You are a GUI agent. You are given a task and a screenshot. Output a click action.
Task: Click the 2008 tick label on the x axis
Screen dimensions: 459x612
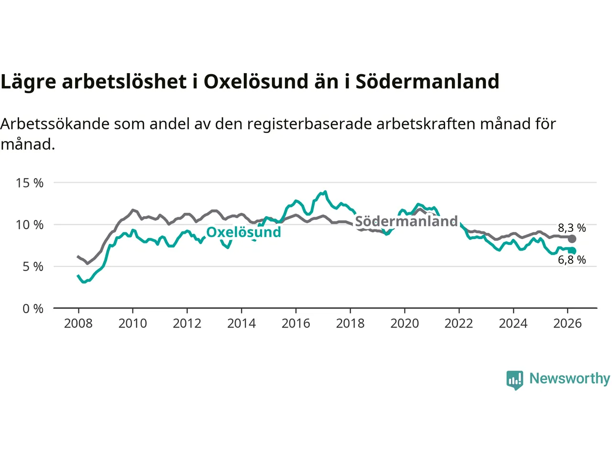[78, 324]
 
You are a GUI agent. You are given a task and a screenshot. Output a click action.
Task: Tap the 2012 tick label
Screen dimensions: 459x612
[187, 324]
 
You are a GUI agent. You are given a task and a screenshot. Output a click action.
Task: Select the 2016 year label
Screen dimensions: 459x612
[295, 324]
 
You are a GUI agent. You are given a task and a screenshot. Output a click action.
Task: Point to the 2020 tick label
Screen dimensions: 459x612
[404, 324]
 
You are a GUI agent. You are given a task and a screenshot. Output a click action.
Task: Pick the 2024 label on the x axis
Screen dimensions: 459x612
[513, 324]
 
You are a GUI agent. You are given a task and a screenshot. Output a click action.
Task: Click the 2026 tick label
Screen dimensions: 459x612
[568, 324]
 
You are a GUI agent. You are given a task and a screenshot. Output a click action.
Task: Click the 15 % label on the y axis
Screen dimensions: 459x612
[30, 183]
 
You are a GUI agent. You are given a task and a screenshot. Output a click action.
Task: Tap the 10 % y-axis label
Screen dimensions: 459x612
[30, 225]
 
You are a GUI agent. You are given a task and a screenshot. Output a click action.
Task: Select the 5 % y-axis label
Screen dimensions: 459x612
[33, 267]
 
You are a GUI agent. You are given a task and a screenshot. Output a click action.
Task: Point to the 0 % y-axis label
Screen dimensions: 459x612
[33, 309]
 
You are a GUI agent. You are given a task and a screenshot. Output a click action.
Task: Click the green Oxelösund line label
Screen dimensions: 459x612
[243, 232]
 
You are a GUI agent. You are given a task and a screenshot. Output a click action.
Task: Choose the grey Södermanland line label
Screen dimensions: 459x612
[406, 221]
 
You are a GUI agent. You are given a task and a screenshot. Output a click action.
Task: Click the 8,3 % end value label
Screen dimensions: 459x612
[572, 228]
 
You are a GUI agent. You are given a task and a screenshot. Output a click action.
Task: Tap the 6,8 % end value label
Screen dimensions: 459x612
[572, 260]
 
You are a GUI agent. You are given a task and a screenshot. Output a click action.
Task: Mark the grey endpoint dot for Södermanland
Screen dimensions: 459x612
[572, 239]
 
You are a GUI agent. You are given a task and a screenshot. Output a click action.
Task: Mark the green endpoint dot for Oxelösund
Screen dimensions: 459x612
[572, 251]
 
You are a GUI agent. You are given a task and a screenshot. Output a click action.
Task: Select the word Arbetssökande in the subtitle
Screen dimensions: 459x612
[55, 124]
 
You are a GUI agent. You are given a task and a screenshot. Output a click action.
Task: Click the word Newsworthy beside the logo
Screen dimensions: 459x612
[569, 379]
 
